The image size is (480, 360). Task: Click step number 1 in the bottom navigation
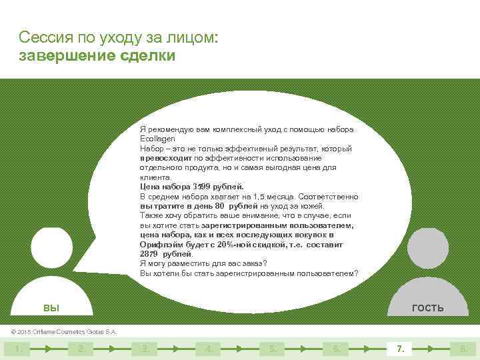point(18,348)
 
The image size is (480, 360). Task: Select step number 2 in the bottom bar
point(81,348)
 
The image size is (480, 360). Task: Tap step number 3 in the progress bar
point(145,348)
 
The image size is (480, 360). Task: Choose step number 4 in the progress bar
point(209,348)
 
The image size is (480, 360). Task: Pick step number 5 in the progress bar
point(272,348)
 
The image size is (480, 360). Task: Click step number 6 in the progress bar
point(336,348)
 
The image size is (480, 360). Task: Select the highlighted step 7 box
point(400,348)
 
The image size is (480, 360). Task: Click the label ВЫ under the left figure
point(51,308)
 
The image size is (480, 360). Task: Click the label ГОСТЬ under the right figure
point(427,308)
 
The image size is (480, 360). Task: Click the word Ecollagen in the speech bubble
point(155,139)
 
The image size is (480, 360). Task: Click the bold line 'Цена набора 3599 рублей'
point(192,187)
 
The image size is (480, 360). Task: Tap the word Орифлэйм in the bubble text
point(159,245)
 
